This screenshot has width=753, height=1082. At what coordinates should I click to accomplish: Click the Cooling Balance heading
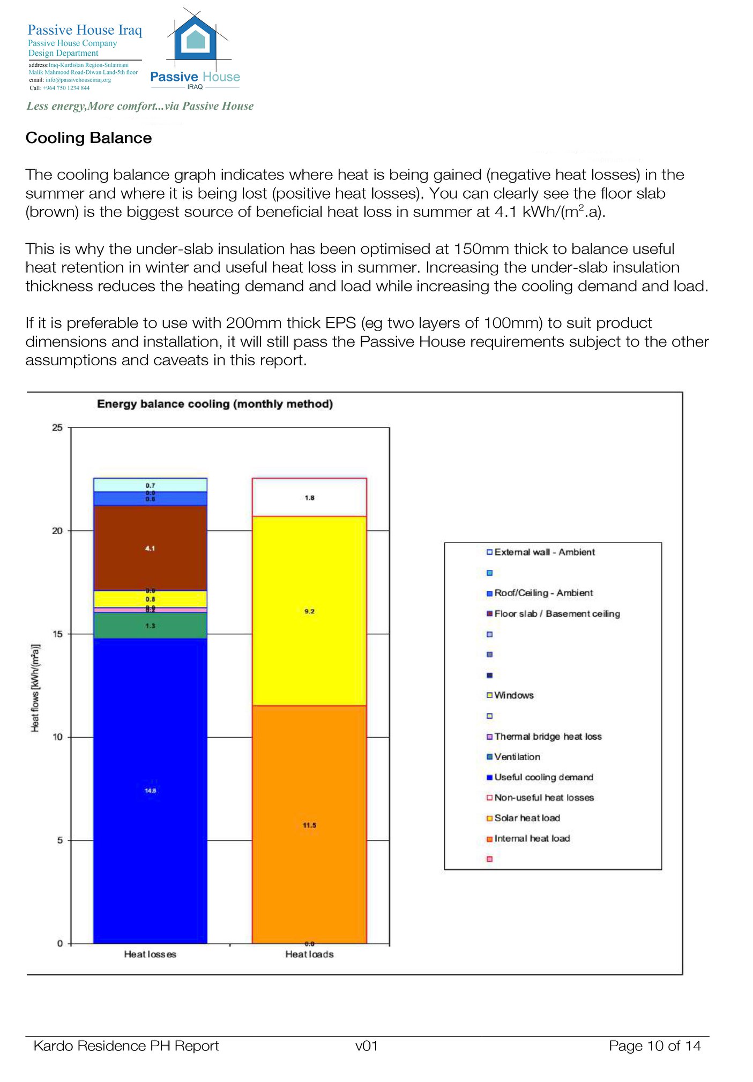(89, 138)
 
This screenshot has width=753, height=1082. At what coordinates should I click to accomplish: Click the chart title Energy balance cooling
(214, 404)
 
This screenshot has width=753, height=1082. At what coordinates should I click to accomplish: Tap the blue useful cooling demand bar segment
(150, 790)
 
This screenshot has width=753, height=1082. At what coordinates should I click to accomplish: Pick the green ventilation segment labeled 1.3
(150, 626)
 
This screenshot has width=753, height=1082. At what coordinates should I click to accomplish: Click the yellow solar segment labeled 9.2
(309, 611)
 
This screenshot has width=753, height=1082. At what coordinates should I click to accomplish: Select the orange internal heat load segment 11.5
(309, 825)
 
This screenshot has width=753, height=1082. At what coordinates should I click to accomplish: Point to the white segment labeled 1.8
(309, 498)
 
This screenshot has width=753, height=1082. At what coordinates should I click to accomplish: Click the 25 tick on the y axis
(57, 427)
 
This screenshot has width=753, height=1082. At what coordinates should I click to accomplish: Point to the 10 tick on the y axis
(57, 737)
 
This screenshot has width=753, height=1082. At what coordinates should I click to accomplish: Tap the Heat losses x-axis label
(150, 954)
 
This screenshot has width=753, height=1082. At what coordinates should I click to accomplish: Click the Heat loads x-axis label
(309, 954)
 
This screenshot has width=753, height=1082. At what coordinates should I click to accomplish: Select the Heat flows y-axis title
(35, 688)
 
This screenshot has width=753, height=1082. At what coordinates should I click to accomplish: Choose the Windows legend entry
(513, 695)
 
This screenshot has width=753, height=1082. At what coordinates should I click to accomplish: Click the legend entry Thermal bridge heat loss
(547, 737)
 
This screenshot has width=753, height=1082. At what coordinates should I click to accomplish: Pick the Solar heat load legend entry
(527, 818)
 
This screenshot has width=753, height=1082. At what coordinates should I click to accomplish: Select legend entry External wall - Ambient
(544, 552)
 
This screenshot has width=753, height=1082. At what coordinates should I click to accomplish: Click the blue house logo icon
(197, 40)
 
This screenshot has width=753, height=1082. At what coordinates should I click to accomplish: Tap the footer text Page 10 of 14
(654, 1046)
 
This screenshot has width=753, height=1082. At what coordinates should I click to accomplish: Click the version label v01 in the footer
(367, 1046)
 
